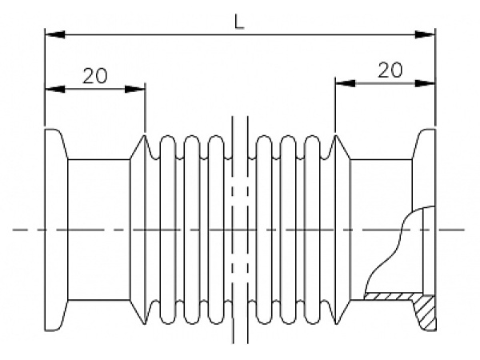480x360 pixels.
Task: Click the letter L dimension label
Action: point(239,22)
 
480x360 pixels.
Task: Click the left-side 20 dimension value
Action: point(95,76)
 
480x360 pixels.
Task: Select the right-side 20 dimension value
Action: point(390,70)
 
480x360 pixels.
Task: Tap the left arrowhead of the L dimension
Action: point(55,34)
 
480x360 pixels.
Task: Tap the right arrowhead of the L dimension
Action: point(425,34)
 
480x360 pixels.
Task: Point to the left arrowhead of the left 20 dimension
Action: point(55,89)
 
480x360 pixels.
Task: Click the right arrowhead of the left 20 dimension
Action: point(135,89)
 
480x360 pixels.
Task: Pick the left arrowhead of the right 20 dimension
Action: point(346,83)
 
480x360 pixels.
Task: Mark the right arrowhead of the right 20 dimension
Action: point(425,83)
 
